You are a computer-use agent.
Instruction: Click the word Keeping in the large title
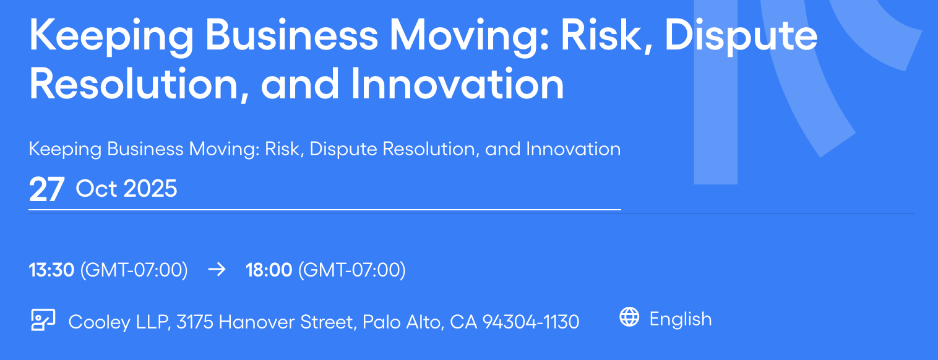tap(111, 37)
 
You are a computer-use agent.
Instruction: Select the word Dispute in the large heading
tap(741, 37)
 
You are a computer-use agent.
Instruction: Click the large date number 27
tap(46, 189)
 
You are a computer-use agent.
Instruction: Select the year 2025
tap(151, 189)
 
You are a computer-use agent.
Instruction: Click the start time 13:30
tap(51, 270)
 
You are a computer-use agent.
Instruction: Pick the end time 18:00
tap(269, 270)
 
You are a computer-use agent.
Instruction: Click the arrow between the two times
tap(217, 270)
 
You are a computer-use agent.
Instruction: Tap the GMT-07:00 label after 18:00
tap(351, 270)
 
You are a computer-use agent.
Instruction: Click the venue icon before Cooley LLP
tap(43, 320)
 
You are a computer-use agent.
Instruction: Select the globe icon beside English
tap(629, 317)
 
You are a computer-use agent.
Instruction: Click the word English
tap(681, 319)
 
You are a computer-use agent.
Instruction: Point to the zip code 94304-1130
tap(531, 322)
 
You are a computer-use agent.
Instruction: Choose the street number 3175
tap(195, 322)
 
